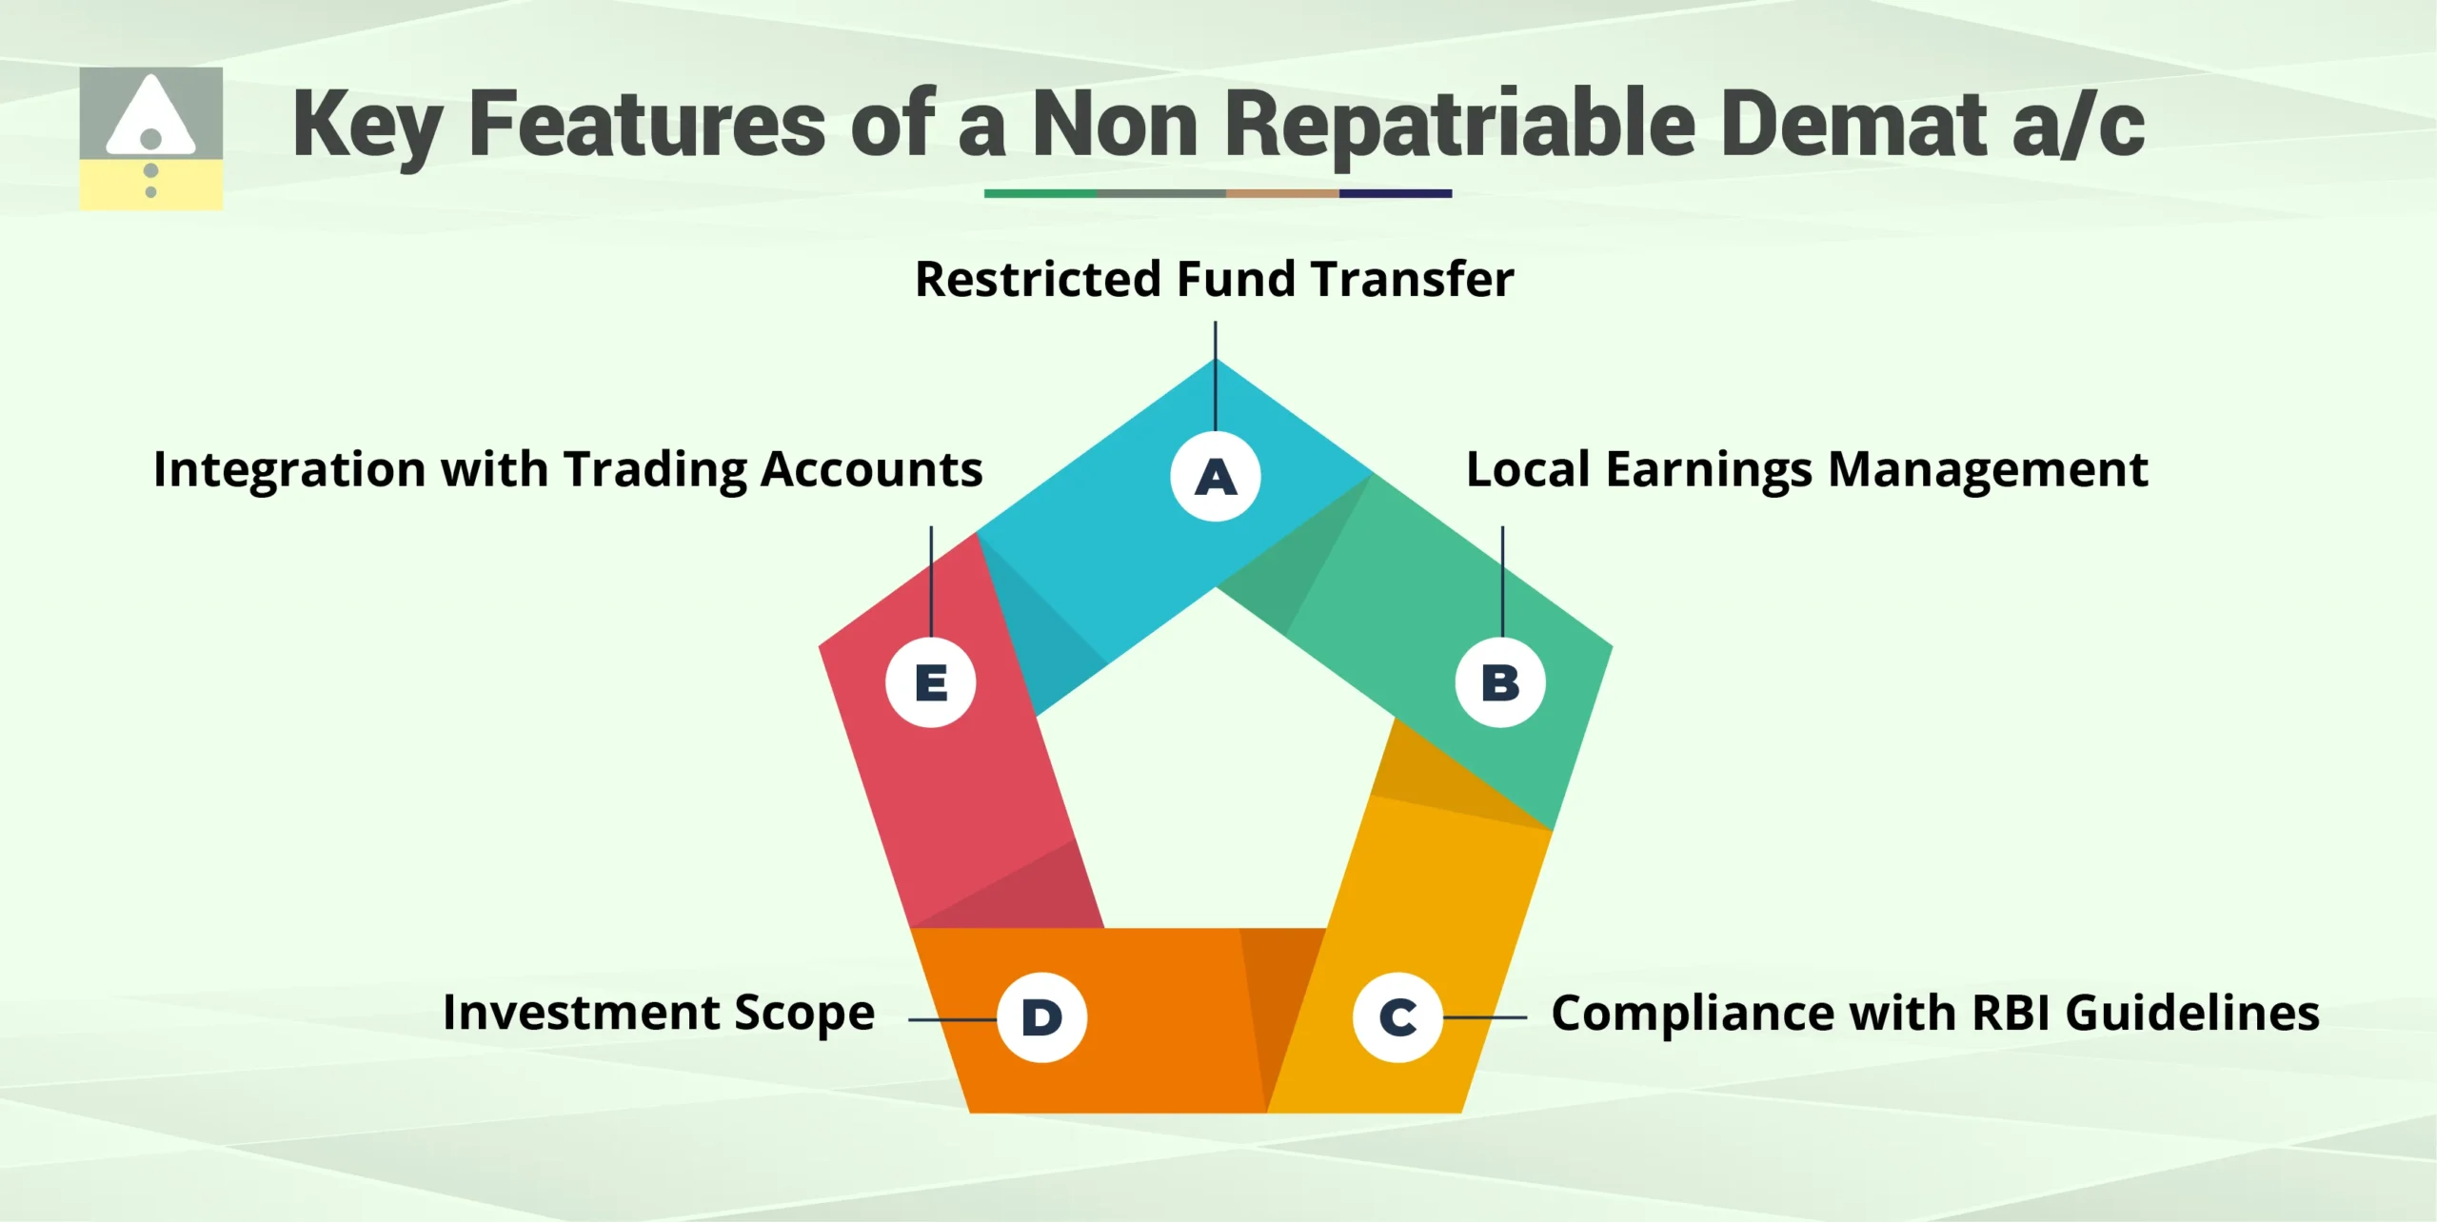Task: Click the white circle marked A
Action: [1216, 476]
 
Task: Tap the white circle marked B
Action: [1500, 682]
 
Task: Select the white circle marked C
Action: [1397, 1017]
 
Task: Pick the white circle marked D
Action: [1041, 1017]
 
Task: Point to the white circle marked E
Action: [931, 682]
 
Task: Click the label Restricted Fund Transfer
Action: [1214, 280]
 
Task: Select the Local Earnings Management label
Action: [1806, 470]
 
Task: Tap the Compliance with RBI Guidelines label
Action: [1934, 1014]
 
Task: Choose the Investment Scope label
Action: [659, 1014]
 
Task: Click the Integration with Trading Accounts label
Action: [567, 470]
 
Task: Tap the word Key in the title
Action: [367, 126]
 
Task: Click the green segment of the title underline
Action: [1040, 193]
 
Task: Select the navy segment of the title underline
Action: [1395, 193]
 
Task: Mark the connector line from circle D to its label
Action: [952, 1019]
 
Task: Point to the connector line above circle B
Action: [1502, 581]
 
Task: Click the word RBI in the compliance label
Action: [2011, 1014]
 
